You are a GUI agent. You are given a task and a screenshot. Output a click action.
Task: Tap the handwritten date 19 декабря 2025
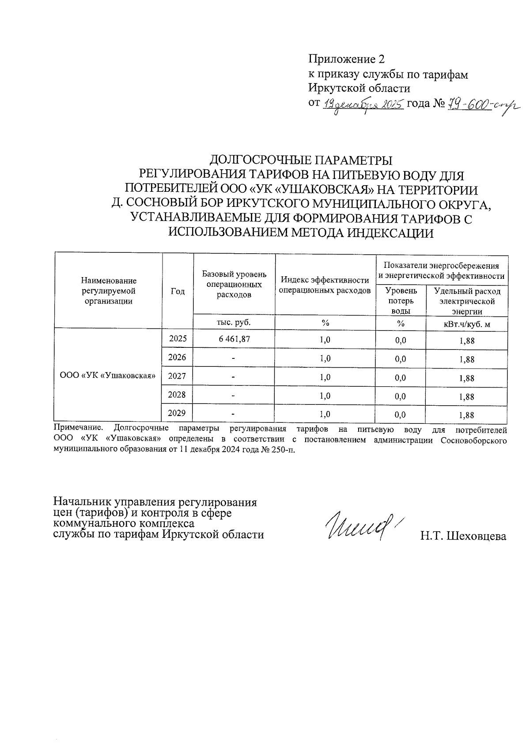363,105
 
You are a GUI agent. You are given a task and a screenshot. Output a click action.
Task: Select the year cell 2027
178,376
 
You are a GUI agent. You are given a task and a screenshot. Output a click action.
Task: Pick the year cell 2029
178,413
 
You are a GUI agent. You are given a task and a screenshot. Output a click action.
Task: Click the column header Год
178,291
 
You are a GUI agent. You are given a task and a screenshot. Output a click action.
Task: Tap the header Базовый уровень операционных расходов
234,284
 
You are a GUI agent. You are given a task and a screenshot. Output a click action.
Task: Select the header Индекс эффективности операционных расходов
325,285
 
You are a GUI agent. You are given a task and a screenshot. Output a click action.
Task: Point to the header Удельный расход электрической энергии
467,301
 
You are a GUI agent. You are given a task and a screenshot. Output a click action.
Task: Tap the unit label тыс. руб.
234,322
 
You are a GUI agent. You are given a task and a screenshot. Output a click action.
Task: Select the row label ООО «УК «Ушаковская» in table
108,376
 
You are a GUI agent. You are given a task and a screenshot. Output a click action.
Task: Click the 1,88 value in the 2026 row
467,359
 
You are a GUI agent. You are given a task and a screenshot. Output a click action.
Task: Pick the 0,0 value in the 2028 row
401,396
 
